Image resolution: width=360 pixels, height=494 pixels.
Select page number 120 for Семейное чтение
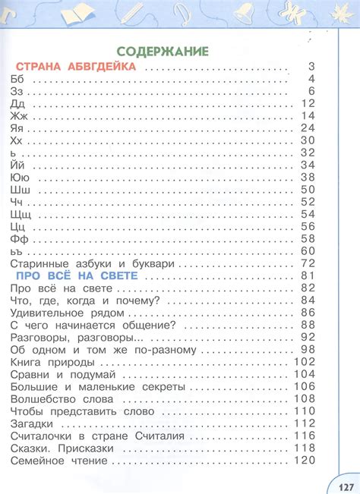pyautogui.click(x=303, y=460)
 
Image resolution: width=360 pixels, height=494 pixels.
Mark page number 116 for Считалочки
pyautogui.click(x=304, y=436)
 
